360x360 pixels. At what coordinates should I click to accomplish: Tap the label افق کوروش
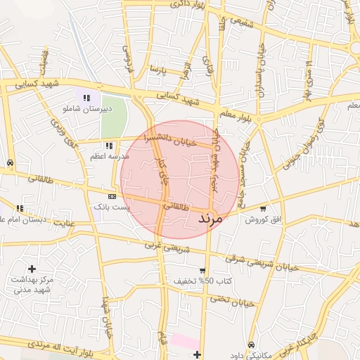point(263,219)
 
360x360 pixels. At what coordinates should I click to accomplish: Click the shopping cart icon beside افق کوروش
point(263,209)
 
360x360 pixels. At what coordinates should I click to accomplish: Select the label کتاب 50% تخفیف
point(201,281)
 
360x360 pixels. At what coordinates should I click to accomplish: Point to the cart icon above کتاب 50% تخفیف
point(202,271)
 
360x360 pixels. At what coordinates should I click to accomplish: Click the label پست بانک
point(110,207)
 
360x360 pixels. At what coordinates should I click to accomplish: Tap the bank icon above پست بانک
point(112,196)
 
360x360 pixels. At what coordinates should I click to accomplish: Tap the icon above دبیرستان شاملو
point(86,98)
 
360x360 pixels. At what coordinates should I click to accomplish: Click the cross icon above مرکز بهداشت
point(32,268)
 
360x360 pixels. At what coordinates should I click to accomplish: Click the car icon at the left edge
point(10,163)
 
